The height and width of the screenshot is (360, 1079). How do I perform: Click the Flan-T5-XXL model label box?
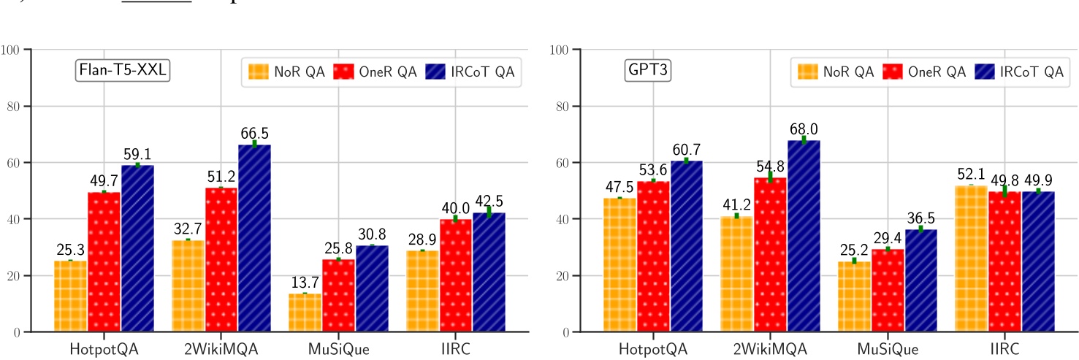(x=123, y=71)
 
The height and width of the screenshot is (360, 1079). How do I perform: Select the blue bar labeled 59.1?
(x=137, y=249)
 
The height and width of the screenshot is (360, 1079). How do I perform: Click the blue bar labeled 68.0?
(x=803, y=237)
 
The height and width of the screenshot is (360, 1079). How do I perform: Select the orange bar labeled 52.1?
(x=971, y=259)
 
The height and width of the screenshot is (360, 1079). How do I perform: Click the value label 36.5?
(x=920, y=216)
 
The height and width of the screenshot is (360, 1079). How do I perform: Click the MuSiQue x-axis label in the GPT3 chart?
(x=888, y=349)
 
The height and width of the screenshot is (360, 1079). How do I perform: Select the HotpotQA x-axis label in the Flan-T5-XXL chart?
(x=104, y=349)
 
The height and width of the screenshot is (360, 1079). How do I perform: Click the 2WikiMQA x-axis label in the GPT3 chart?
(x=770, y=349)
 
